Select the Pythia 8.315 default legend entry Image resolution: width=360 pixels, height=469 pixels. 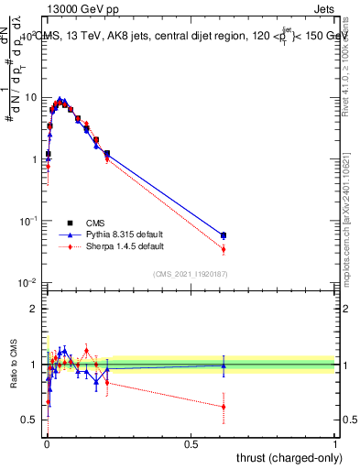coord(119,234)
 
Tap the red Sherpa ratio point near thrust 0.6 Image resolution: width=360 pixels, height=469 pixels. coord(224,407)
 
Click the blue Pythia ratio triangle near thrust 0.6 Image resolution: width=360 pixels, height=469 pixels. coord(224,365)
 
